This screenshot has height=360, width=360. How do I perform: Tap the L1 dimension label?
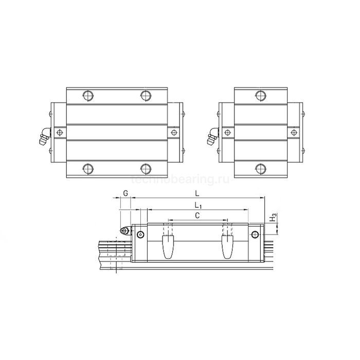coord(197,205)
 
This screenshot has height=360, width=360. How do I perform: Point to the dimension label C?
coord(197,217)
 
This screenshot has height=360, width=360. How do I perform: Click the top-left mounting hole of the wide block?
coord(87,95)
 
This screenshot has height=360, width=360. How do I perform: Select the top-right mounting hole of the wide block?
coord(146,95)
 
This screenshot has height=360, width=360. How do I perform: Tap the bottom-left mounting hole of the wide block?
coord(87,168)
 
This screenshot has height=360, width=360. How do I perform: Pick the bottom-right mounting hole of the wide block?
coord(146,168)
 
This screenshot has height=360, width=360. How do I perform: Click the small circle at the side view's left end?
coord(140,235)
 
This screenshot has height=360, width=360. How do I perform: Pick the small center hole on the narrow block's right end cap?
coord(295,132)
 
